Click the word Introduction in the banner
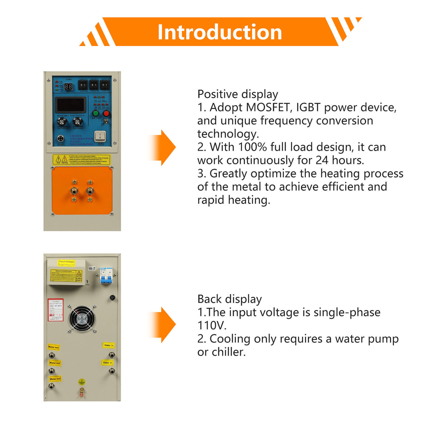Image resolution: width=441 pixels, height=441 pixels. pyautogui.click(x=220, y=32)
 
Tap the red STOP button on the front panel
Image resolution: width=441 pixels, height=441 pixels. pyautogui.click(x=106, y=113)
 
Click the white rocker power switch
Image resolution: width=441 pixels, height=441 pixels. pyautogui.click(x=100, y=136)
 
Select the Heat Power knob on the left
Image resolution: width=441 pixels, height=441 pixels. pyautogui.click(x=62, y=121)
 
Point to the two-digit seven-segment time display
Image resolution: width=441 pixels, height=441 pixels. pyautogui.click(x=68, y=87)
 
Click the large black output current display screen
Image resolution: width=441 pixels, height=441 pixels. pyautogui.click(x=71, y=105)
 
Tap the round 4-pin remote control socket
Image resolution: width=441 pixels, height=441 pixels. pyautogui.click(x=60, y=138)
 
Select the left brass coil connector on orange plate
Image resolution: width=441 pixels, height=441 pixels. pyautogui.click(x=74, y=190)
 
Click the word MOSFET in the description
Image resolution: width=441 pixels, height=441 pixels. pyautogui.click(x=268, y=107)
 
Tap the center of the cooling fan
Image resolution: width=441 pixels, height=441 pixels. pyautogui.click(x=82, y=319)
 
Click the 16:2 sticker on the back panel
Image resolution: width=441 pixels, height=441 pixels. pyautogui.click(x=92, y=268)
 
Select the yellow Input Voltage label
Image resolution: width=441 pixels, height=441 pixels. pyautogui.click(x=66, y=263)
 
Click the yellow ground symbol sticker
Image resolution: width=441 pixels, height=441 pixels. pyautogui.click(x=82, y=382)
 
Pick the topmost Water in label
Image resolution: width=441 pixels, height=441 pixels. pyautogui.click(x=109, y=345)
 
